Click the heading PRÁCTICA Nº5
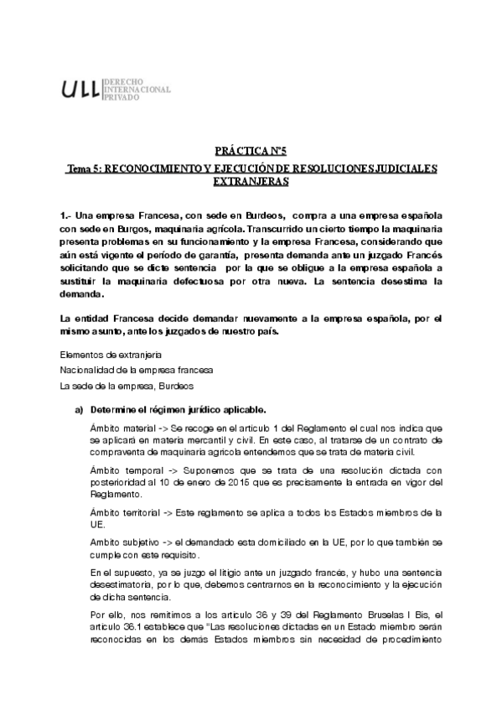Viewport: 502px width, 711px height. pyautogui.click(x=251, y=151)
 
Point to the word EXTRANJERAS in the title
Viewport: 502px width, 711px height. pyautogui.click(x=251, y=180)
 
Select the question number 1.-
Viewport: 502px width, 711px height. pyautogui.click(x=66, y=216)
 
